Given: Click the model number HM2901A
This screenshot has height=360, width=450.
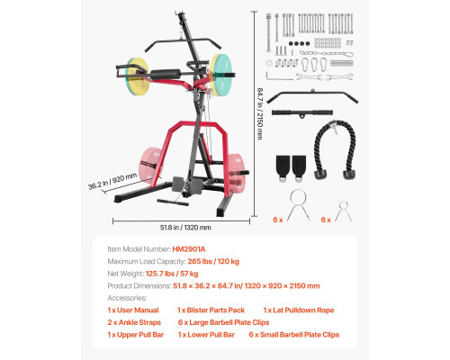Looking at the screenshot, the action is [189, 249].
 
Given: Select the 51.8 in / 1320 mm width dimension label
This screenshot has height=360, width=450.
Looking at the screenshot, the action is [185, 228].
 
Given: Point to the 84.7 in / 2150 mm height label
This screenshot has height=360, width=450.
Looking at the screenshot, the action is [260, 113].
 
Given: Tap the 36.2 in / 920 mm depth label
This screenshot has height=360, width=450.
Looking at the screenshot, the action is [112, 181].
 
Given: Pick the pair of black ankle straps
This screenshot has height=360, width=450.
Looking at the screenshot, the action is [291, 168].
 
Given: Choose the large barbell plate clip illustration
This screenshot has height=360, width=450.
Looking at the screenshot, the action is [298, 206].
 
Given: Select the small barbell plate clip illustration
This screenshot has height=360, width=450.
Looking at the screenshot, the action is [344, 211].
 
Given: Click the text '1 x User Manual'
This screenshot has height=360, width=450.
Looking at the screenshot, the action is [133, 310].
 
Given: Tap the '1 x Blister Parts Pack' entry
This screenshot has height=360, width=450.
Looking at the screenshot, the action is [211, 310].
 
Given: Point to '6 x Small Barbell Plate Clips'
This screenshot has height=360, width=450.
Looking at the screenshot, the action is [294, 335].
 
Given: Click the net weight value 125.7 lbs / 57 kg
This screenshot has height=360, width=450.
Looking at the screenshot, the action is [172, 274].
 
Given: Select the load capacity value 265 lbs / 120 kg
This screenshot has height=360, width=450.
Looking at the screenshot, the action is [213, 261].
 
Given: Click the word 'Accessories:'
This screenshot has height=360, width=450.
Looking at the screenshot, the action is [127, 298].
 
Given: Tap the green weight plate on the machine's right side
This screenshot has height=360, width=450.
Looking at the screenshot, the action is [222, 75].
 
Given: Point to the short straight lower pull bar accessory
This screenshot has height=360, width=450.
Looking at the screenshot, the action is [302, 113].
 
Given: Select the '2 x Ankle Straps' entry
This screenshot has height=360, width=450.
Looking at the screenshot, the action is [134, 322].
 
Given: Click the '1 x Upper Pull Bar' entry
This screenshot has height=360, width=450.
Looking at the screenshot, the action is [136, 335].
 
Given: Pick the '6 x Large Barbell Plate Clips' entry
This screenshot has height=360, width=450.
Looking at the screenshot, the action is [223, 322].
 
